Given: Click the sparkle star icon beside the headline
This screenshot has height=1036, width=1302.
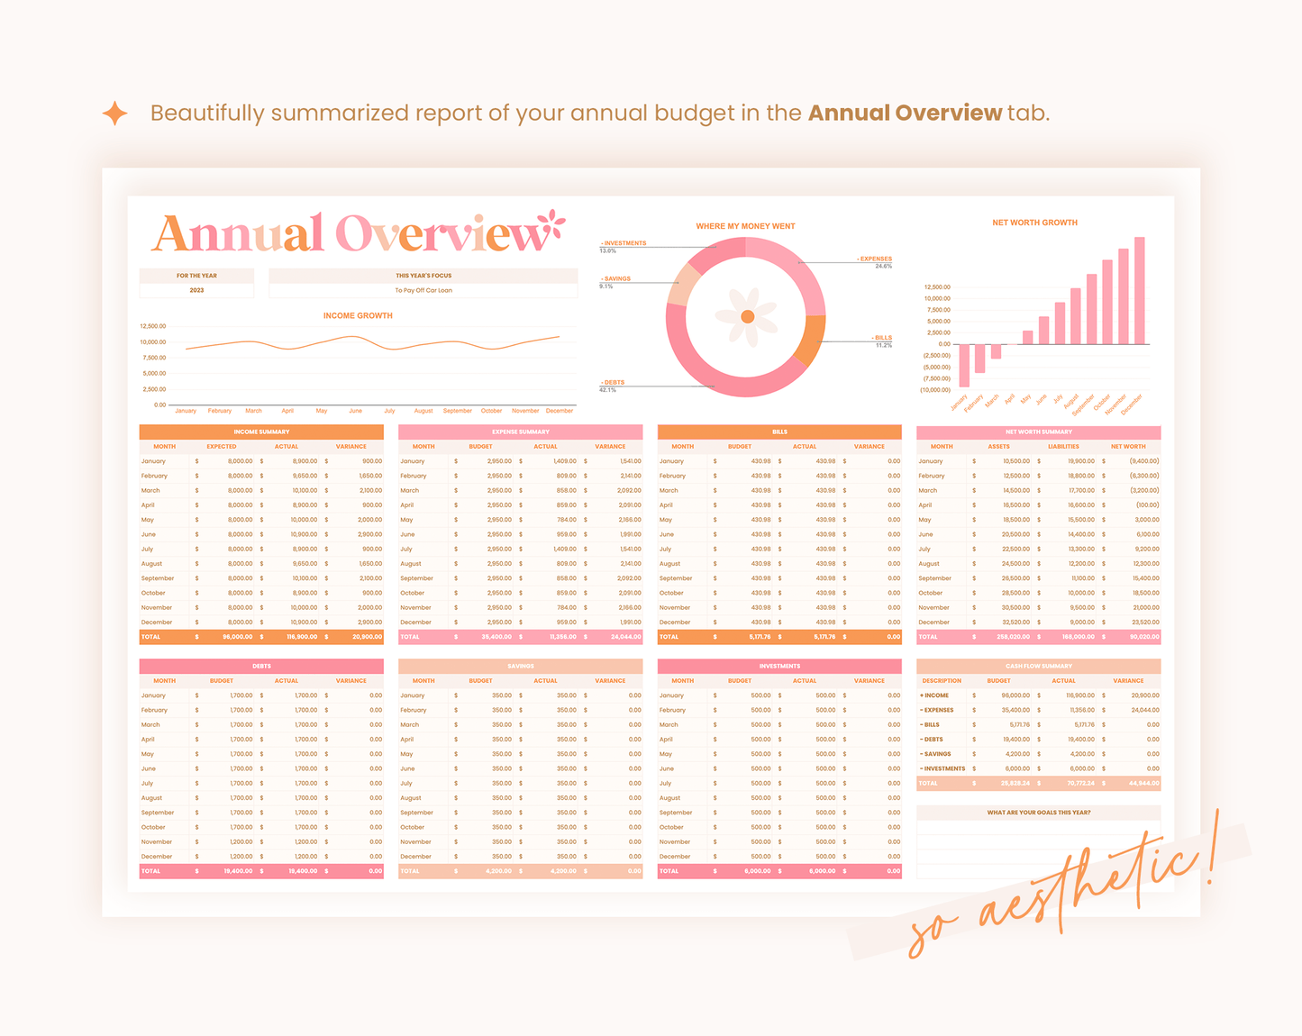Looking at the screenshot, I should pos(115,114).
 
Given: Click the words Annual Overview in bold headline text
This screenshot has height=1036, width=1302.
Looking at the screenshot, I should pos(904,113).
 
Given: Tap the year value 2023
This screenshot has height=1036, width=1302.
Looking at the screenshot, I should pos(196,290).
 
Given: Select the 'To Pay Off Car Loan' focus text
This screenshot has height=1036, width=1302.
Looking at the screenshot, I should pos(423,290).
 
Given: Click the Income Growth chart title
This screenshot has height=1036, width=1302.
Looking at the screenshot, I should pos(358,315).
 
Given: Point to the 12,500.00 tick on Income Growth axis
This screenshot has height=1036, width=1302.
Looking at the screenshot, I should pos(153,326).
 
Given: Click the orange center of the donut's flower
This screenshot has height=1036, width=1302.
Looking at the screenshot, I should pos(747,316).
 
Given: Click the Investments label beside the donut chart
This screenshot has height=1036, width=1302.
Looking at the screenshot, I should pos(624,243).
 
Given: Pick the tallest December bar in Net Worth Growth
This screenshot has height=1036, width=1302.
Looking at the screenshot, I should pos(1140,290).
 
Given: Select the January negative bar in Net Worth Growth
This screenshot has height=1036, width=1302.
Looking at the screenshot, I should pos(965,365).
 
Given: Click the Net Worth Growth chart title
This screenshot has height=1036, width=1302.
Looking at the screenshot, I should pos(1034,223).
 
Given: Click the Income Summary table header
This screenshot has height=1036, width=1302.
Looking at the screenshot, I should pos(261,432).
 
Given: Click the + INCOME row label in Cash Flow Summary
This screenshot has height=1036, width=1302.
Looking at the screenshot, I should pos(935,695).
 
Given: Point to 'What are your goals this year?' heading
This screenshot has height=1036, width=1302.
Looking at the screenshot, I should pos(1038,813).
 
